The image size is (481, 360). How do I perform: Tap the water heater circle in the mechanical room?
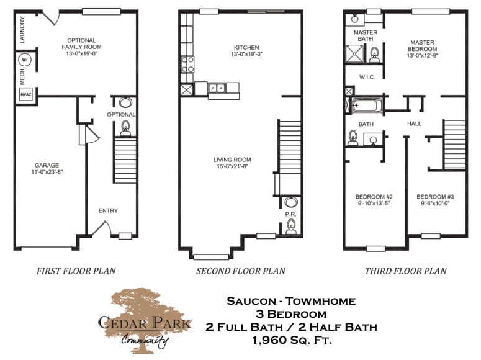[x=26, y=60]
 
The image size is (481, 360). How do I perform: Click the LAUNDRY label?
[x=22, y=29]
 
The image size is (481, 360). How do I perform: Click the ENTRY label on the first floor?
[x=108, y=211]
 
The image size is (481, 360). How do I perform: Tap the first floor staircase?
[x=125, y=160]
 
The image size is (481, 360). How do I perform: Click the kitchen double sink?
[x=217, y=88]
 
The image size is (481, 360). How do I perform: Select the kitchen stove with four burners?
[x=187, y=63]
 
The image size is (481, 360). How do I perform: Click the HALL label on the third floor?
[x=414, y=124]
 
